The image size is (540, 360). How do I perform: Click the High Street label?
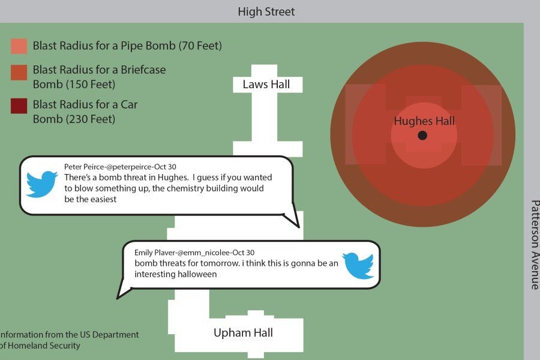[266, 11]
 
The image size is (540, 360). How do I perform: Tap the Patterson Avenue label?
[533, 245]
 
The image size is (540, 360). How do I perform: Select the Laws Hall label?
[266, 85]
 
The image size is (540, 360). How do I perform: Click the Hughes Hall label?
[424, 121]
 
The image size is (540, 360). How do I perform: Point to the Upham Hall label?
[243, 332]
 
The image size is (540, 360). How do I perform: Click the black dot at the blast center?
[422, 136]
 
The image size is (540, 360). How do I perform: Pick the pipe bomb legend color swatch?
[19, 46]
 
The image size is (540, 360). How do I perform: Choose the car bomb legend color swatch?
[19, 106]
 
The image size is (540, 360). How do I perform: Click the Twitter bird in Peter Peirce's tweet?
[41, 184]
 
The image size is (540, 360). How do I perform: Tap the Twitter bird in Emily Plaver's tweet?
[358, 265]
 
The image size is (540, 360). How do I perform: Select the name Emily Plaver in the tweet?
[152, 253]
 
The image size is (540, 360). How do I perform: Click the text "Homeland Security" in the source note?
[43, 346]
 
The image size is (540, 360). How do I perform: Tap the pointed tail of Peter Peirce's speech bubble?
[296, 224]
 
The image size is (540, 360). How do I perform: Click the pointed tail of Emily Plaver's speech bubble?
[119, 295]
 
